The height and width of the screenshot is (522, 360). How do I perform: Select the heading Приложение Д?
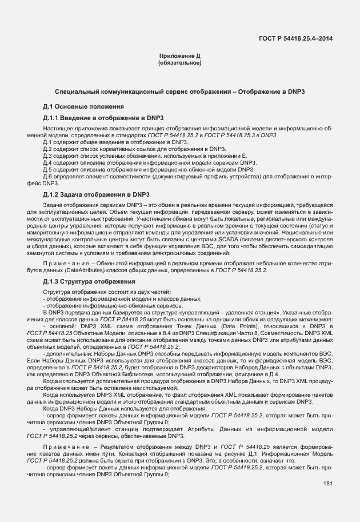(179, 56)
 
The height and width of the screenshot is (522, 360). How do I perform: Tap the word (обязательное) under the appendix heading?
(179, 63)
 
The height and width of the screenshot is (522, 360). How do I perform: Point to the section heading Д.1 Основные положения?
(84, 107)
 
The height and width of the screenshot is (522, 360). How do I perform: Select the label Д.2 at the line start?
(47, 149)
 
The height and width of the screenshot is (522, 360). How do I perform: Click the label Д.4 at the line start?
(47, 162)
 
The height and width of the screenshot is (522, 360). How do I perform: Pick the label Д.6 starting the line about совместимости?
(47, 176)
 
